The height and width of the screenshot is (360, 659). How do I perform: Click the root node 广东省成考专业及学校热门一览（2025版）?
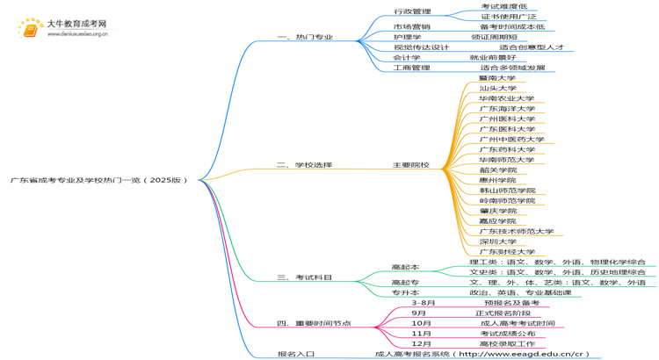(x=99, y=180)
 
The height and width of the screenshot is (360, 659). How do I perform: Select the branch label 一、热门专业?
(x=305, y=38)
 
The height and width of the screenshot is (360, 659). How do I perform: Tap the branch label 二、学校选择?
(x=304, y=165)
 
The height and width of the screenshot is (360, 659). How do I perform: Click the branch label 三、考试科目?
(x=304, y=277)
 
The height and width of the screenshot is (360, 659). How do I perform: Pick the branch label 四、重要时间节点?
(x=314, y=323)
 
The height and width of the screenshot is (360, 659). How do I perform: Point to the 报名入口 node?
(x=295, y=354)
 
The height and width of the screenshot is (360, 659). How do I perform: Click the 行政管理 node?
(x=412, y=11)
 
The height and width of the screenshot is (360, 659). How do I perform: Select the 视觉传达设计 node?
(x=421, y=47)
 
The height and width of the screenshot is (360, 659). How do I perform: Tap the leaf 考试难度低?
(x=499, y=6)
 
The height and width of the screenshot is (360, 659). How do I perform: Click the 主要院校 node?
(x=410, y=165)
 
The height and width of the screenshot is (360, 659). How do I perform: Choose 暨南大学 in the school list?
(x=497, y=78)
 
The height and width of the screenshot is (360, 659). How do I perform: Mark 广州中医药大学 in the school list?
(x=511, y=140)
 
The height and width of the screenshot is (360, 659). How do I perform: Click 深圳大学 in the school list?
(x=497, y=241)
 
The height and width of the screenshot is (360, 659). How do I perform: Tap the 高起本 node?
(x=405, y=267)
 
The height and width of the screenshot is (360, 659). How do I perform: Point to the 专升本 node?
(x=405, y=292)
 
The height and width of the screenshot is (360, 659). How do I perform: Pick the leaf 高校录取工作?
(x=507, y=343)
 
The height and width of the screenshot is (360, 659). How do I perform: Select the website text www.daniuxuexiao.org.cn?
(x=77, y=34)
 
